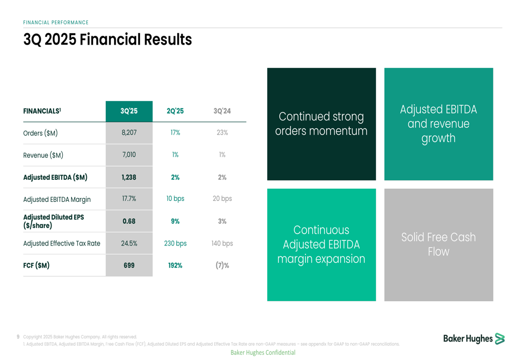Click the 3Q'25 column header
tap(129, 111)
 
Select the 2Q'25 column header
tap(175, 111)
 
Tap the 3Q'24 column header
tap(222, 111)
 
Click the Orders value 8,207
tap(129, 133)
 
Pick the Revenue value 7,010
tap(129, 155)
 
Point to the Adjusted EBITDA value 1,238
tap(129, 177)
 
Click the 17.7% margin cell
tap(129, 199)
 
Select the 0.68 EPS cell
tap(129, 221)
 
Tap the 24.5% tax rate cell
tap(129, 243)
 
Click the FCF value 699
tap(129, 265)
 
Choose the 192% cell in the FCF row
tap(175, 265)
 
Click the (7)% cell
tap(222, 265)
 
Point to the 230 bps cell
tap(175, 243)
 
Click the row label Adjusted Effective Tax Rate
tap(62, 243)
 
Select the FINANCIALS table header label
tap(42, 111)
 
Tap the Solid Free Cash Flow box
tap(439, 245)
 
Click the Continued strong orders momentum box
tap(321, 124)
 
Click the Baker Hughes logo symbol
tap(500, 339)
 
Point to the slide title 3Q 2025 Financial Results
tap(107, 39)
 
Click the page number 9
tap(18, 336)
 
